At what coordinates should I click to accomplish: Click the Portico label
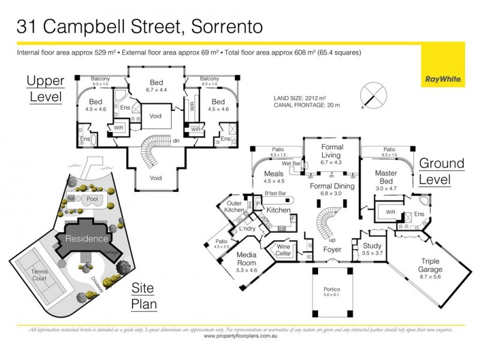[x=332, y=292]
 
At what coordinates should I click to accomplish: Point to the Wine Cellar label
[x=283, y=250]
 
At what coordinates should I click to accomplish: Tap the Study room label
[x=372, y=249]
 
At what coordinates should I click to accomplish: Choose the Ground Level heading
[x=442, y=171]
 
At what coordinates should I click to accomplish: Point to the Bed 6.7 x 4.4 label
[x=156, y=86]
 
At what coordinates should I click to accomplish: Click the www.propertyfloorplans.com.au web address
[x=240, y=337]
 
